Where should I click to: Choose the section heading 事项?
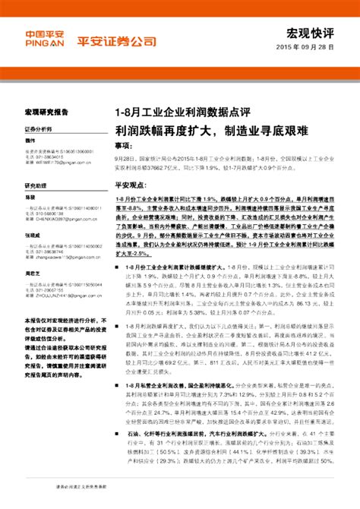(127, 144)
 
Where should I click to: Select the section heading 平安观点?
(131, 185)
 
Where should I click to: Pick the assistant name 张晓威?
(32, 236)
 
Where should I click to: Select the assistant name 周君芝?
(32, 274)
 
